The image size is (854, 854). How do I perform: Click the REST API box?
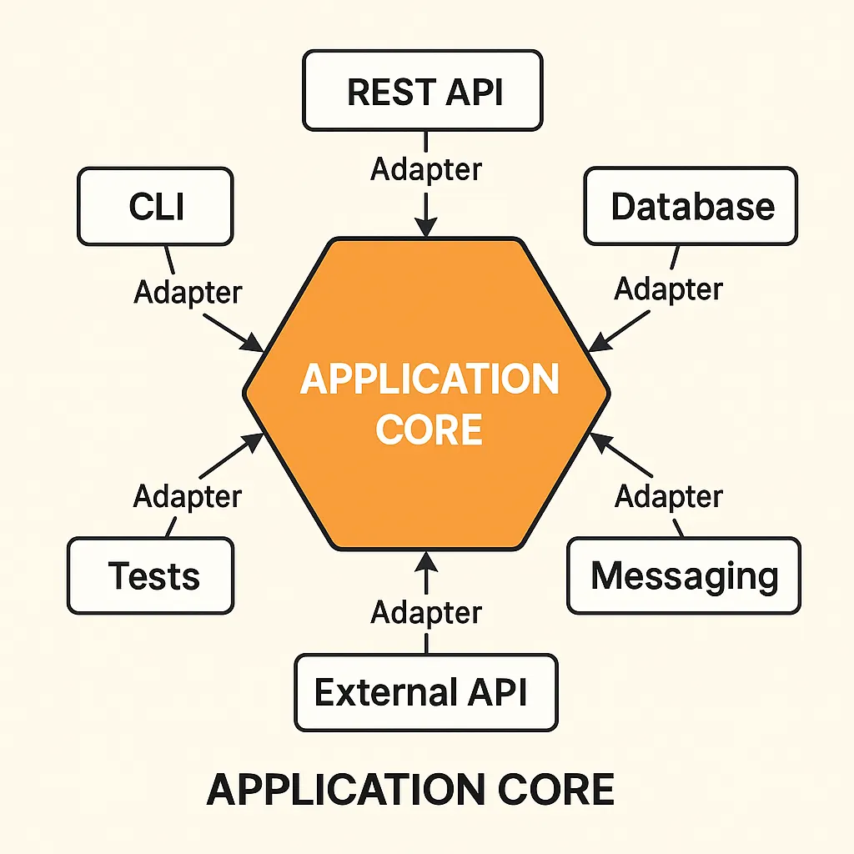[x=423, y=90]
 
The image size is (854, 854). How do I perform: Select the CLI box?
[x=155, y=206]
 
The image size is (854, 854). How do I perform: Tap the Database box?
[x=691, y=206]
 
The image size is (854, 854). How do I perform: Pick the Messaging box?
[x=684, y=575]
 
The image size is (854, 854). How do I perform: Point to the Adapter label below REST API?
[x=426, y=169]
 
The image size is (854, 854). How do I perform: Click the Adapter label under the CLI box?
[x=188, y=292]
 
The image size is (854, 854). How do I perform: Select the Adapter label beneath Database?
[x=668, y=289]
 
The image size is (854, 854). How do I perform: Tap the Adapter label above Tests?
[x=188, y=497]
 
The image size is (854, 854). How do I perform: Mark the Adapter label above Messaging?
[x=669, y=497]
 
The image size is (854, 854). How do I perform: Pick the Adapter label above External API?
[x=426, y=612]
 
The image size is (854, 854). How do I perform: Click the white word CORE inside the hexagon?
[x=429, y=430]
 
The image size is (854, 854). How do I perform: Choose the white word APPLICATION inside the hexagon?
[x=429, y=379]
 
